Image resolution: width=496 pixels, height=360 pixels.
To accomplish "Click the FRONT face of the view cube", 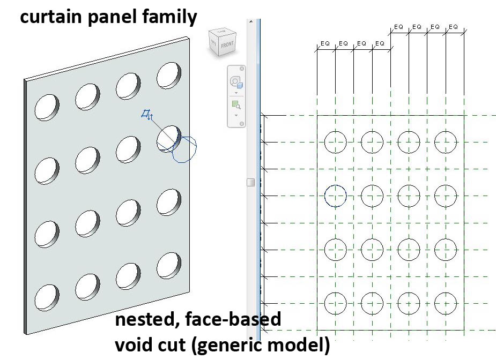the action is click(226, 46).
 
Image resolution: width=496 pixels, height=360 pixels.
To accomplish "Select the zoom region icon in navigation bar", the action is click(235, 105).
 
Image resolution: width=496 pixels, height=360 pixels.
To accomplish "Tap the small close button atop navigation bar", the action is click(241, 69).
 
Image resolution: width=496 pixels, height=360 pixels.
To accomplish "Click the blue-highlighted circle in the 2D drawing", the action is click(336, 196).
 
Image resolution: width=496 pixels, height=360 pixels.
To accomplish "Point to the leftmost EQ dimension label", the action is click(325, 43).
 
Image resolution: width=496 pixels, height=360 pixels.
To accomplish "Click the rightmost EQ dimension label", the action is click(454, 26).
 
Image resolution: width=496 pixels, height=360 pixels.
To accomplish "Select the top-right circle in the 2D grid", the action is click(446, 142).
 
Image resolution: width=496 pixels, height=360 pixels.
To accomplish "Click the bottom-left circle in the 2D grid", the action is click(336, 303).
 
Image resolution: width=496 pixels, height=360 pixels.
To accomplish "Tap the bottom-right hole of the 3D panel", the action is click(169, 263).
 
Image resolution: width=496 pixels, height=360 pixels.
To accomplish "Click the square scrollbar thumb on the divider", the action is click(250, 183).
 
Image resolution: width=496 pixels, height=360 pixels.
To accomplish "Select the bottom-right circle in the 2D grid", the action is click(446, 303).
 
